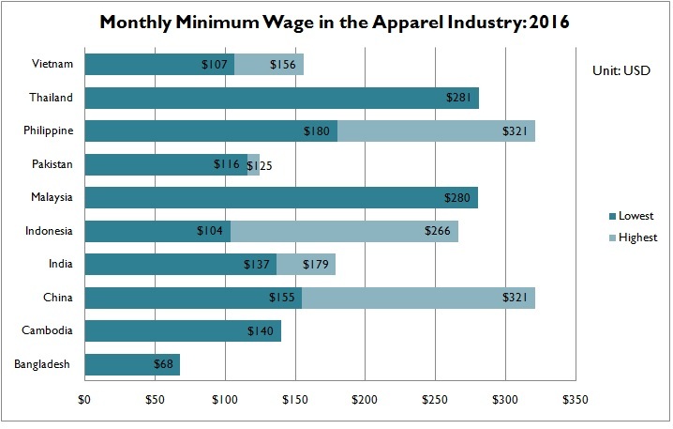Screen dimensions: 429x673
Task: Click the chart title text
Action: [x=336, y=21]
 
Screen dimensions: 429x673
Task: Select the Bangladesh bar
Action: [x=131, y=364]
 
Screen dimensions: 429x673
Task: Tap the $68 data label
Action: [x=165, y=364]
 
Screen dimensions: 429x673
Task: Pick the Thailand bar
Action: [x=281, y=98]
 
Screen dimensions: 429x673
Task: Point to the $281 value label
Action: [x=460, y=98]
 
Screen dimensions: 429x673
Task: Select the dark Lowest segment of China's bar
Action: [x=192, y=298]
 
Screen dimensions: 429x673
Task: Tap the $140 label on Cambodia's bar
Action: [x=262, y=331]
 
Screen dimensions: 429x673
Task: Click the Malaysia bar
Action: [x=281, y=198]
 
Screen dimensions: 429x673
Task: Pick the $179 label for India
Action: [x=317, y=265]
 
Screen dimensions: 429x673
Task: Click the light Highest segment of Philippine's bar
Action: [x=436, y=131]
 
